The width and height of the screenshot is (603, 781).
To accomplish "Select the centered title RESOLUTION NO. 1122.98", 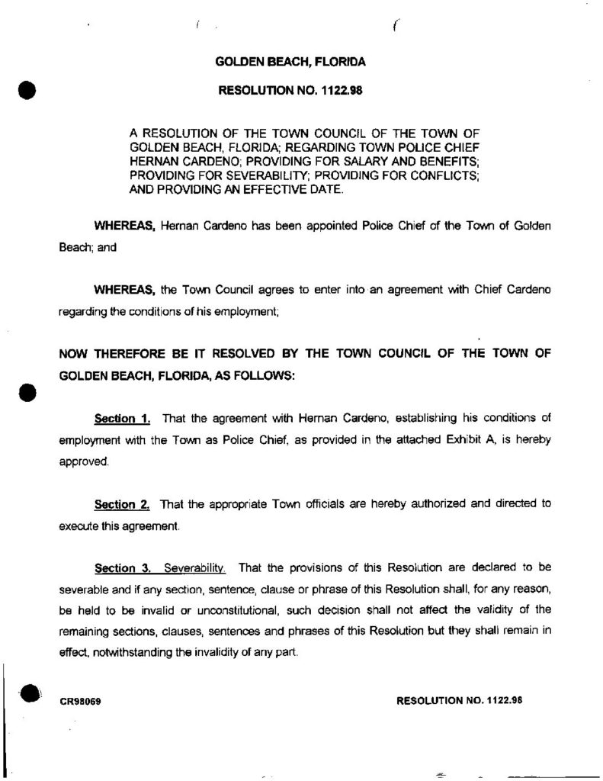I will (290, 90).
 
